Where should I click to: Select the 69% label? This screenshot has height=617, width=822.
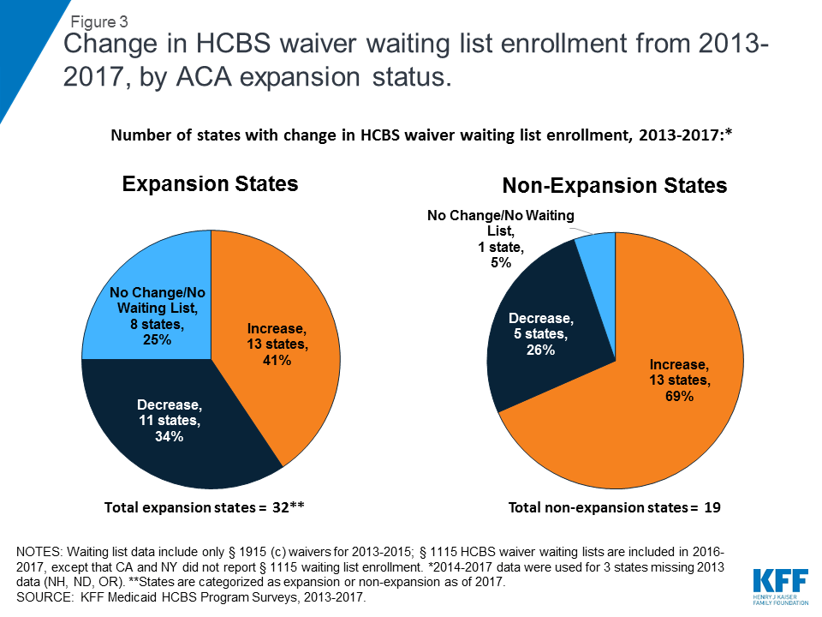(x=678, y=397)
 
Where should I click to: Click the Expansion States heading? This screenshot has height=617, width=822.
(x=210, y=184)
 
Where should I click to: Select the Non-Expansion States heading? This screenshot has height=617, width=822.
(x=614, y=186)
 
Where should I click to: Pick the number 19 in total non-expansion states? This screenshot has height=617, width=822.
(x=710, y=508)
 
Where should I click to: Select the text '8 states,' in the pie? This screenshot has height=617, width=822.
(x=158, y=325)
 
